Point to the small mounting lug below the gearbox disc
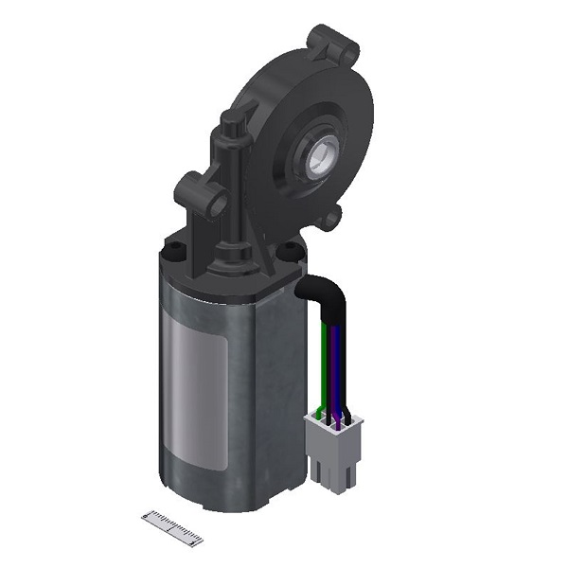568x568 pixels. tap(329, 220)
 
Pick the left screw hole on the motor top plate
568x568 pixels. tap(174, 251)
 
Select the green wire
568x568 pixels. tap(324, 364)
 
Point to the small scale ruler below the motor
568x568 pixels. tap(172, 527)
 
